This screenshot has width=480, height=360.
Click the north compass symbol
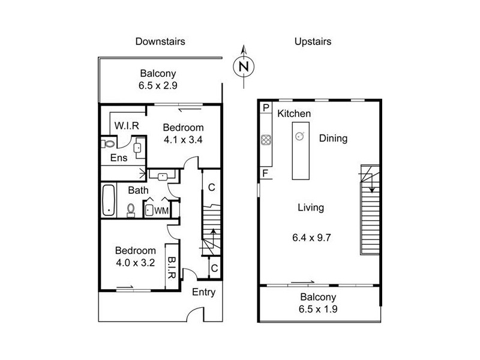(x=244, y=66)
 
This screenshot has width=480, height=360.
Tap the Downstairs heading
(x=160, y=41)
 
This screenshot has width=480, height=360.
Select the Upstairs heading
(x=313, y=41)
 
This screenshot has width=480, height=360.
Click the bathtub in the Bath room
(x=109, y=200)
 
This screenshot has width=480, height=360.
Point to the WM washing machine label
(x=161, y=211)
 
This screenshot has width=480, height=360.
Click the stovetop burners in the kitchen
(x=266, y=140)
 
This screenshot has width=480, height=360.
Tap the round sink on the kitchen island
(x=299, y=136)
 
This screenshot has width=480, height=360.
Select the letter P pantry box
(x=266, y=108)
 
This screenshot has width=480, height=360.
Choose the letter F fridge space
(x=265, y=173)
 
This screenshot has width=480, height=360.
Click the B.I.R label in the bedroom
(x=171, y=268)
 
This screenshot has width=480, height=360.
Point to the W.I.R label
(x=127, y=125)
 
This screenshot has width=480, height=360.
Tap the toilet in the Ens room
(x=108, y=143)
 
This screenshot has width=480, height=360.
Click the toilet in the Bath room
(x=131, y=210)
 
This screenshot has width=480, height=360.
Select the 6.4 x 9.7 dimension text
(x=311, y=238)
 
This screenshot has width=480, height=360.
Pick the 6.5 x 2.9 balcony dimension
(x=158, y=85)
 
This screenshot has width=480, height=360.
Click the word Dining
(x=333, y=139)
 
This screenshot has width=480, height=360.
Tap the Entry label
(x=203, y=292)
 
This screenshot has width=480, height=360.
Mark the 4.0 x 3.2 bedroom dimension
(x=136, y=263)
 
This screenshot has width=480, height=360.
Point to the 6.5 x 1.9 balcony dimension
(x=318, y=309)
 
